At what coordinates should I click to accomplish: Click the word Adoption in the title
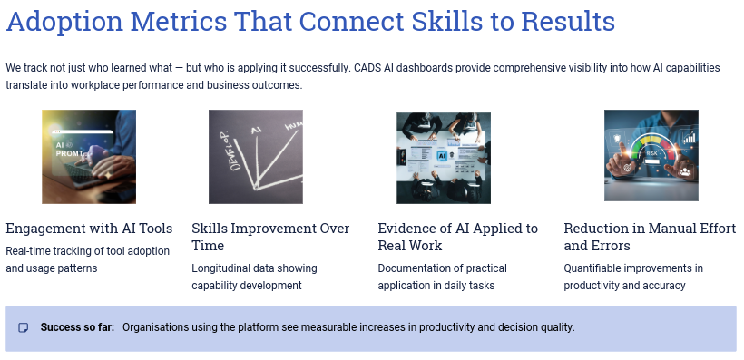coord(64,22)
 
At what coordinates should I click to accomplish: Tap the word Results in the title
coord(568,21)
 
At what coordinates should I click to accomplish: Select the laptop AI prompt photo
coord(89,157)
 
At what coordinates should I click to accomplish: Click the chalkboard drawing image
coord(256,157)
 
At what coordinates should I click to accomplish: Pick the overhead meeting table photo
coord(444,158)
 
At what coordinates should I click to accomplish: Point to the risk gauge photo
coord(651,156)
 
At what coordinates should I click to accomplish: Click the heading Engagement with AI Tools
coord(89,229)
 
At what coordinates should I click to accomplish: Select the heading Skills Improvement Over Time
coord(270,237)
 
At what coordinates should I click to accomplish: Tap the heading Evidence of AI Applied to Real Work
coord(458,237)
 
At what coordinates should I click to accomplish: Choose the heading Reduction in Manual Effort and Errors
coord(650,237)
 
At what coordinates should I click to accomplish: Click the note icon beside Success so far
coord(24,327)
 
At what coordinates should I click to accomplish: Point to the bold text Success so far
coord(77,327)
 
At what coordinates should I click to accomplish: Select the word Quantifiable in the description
coord(592,268)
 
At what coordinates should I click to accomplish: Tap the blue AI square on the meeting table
coord(442,156)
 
